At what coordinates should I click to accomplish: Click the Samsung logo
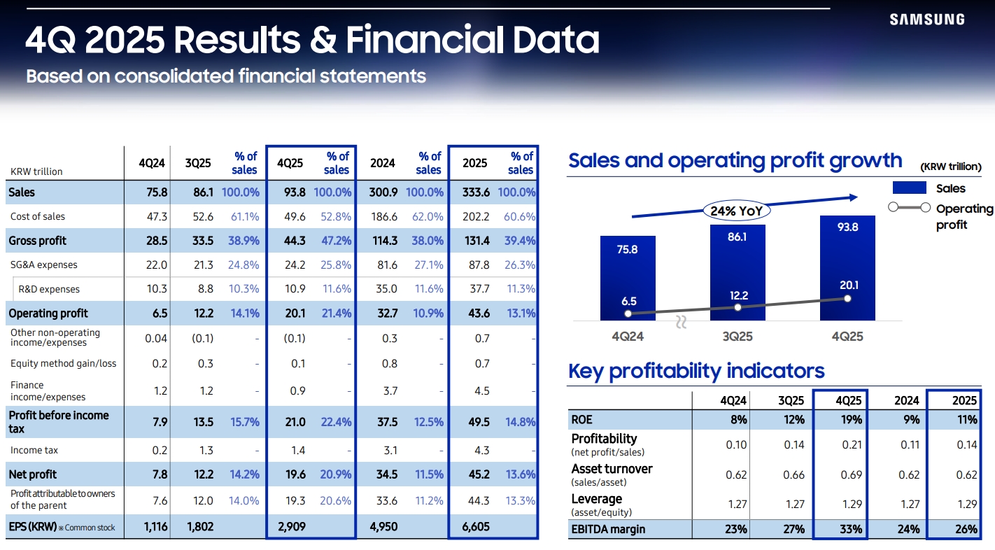click(x=927, y=20)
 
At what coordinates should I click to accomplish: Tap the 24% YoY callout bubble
click(x=737, y=211)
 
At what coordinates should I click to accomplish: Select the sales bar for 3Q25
click(x=738, y=272)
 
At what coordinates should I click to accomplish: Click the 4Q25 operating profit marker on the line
click(x=847, y=299)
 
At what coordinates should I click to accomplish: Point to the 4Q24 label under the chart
click(x=628, y=337)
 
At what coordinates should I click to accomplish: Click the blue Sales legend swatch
click(x=909, y=188)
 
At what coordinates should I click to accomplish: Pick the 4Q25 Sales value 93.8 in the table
click(x=295, y=192)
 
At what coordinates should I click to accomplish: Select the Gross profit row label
click(x=37, y=241)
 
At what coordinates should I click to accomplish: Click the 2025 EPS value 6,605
click(x=476, y=527)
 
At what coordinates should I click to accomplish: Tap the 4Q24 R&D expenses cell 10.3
click(x=157, y=289)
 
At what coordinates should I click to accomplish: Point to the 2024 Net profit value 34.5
click(x=387, y=474)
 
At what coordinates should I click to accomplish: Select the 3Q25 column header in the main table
click(x=197, y=163)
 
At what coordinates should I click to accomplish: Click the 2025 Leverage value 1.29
click(x=966, y=505)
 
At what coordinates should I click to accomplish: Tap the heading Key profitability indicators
click(x=696, y=371)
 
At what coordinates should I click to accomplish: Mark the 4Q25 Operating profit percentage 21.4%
click(x=337, y=313)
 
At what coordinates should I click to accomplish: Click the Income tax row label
click(x=34, y=450)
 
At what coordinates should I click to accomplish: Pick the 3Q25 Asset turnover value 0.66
click(x=793, y=475)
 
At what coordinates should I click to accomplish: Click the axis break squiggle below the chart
click(x=681, y=322)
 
